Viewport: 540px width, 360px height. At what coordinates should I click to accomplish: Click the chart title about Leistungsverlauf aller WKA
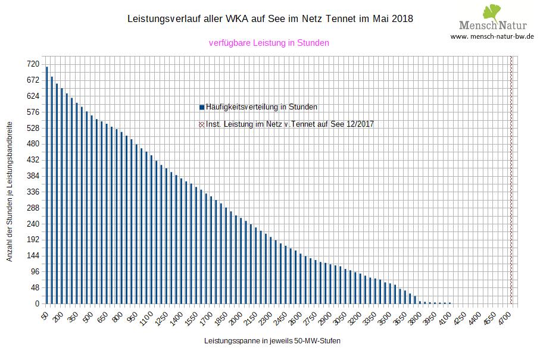point(270,19)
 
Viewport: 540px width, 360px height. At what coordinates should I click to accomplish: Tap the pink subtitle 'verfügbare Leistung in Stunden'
point(269,43)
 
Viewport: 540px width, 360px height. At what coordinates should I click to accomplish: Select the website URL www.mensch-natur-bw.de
point(492,36)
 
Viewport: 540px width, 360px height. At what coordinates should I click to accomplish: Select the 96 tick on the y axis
point(35,272)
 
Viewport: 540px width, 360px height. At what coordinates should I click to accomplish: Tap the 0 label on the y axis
point(37,304)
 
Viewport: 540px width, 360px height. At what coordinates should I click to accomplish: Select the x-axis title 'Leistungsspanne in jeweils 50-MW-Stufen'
point(272,342)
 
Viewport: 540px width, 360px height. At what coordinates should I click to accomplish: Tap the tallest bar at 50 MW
point(47,184)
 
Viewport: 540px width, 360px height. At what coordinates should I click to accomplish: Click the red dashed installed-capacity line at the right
point(511,179)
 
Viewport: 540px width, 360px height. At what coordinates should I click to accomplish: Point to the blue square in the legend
point(202,107)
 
